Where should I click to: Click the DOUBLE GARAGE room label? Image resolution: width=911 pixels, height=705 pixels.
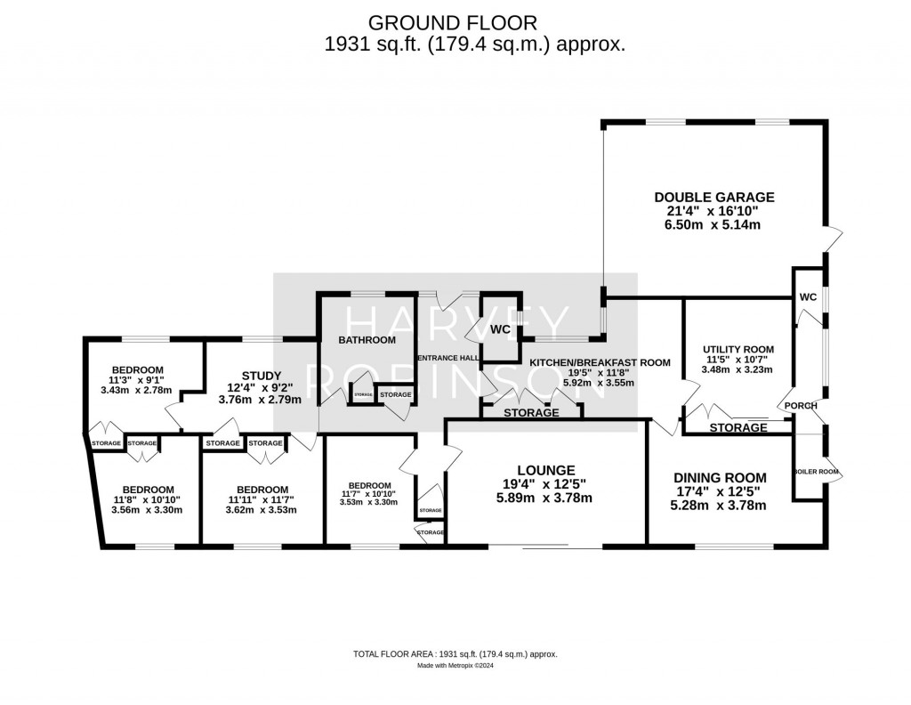pos(714,197)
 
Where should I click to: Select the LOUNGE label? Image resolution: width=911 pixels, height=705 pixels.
pos(546,470)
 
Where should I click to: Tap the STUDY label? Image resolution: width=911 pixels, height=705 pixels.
pos(262,375)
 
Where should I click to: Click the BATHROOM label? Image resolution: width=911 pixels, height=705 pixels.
pos(367,340)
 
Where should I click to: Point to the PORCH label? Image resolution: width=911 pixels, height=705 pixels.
pos(801,406)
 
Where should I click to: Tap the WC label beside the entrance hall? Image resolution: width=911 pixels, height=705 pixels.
pos(500,328)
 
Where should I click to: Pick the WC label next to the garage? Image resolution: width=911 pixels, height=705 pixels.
pos(808,296)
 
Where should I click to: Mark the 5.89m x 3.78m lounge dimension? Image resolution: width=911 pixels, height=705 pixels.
pos(546,498)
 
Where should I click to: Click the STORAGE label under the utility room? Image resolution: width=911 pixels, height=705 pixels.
pos(738,428)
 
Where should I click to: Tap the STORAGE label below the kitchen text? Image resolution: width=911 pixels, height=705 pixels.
pos(531,413)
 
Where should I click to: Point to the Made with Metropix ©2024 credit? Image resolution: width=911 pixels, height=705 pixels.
pos(455,666)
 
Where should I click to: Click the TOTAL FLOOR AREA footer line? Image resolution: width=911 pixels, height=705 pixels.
pos(455,654)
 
